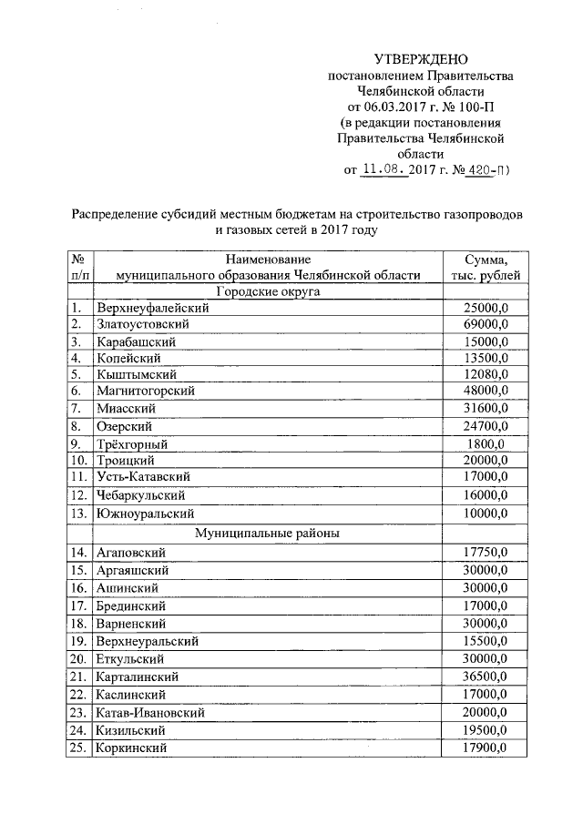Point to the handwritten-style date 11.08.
[x=383, y=169]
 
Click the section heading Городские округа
[x=265, y=291]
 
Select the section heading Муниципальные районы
[x=265, y=533]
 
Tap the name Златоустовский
[x=141, y=324]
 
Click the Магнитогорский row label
[x=144, y=391]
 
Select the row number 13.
[x=78, y=514]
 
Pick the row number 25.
[x=78, y=748]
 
